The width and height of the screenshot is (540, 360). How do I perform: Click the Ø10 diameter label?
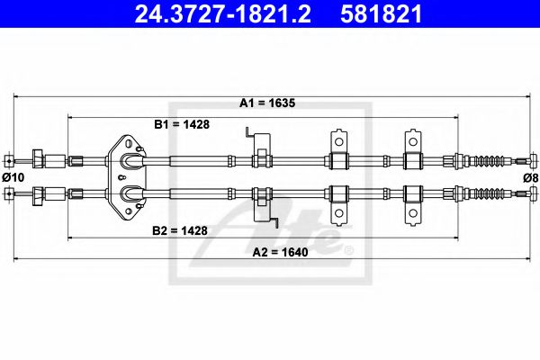pyautogui.click(x=12, y=177)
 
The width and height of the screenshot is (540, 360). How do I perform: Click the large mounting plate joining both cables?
pyautogui.click(x=130, y=175)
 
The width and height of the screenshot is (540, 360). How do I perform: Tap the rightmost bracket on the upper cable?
pyautogui.click(x=413, y=154)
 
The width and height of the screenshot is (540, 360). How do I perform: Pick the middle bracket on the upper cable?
pyautogui.click(x=339, y=154)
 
